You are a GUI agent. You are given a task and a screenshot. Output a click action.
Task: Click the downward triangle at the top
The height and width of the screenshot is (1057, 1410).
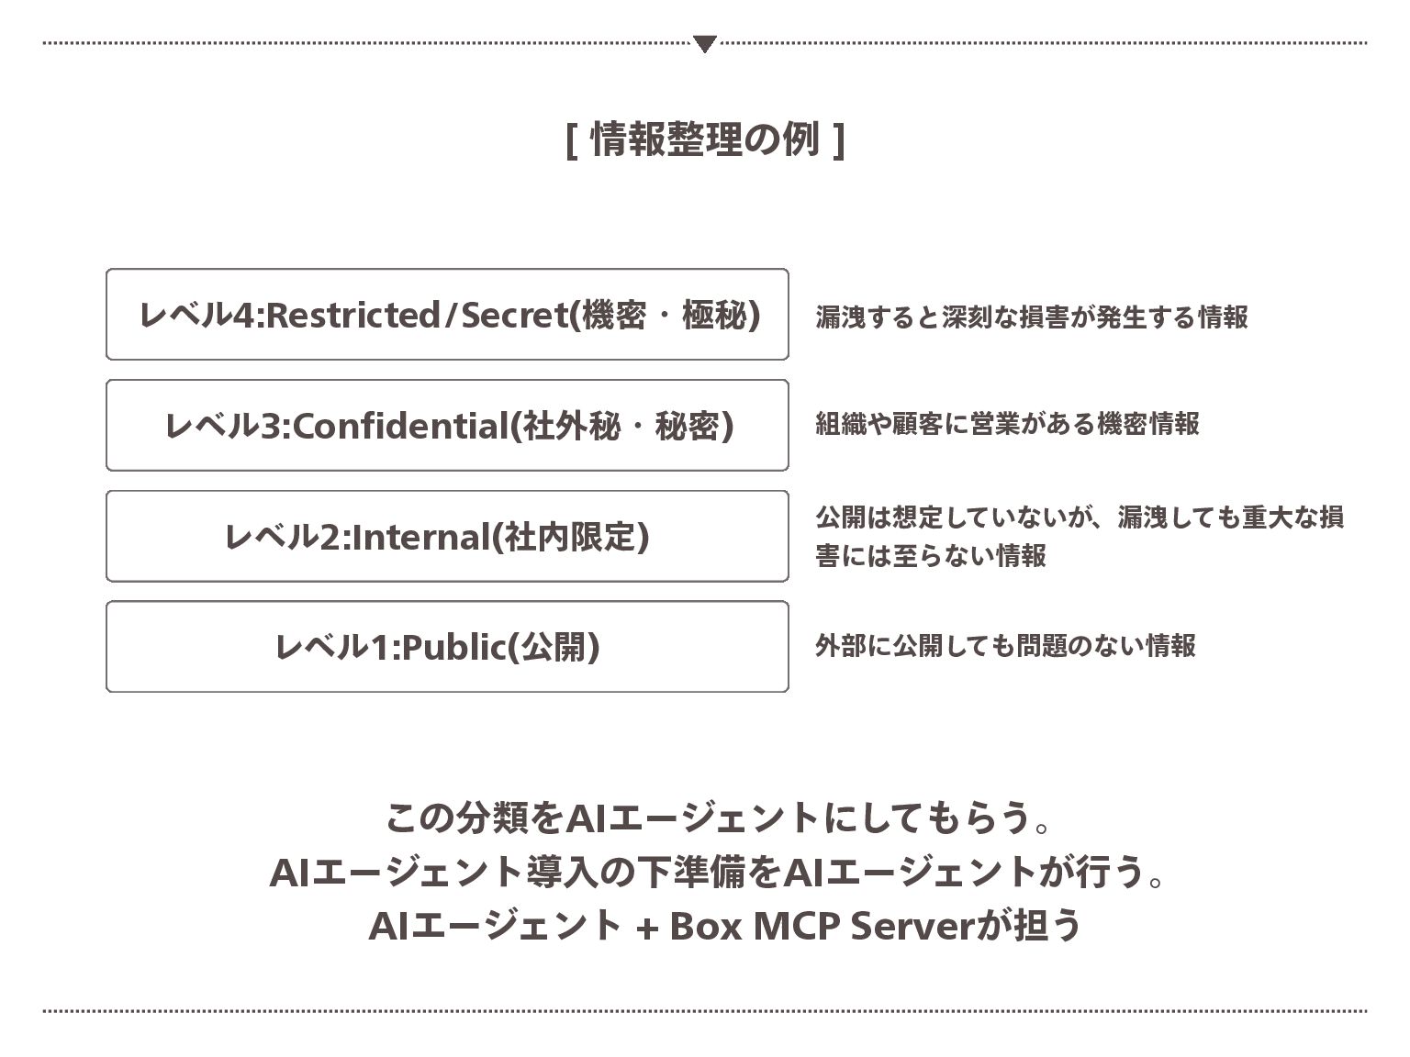click(x=704, y=44)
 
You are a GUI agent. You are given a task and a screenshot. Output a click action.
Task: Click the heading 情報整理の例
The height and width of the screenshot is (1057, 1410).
click(x=704, y=139)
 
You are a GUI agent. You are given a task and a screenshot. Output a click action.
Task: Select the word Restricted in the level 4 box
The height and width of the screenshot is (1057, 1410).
click(x=353, y=315)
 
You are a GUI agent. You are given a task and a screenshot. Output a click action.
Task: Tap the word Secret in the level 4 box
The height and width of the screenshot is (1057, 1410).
click(x=515, y=315)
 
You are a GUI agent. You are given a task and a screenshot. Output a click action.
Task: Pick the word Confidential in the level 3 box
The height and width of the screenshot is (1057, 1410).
click(x=401, y=426)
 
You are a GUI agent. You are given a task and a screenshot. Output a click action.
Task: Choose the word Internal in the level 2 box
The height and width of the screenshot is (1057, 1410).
click(x=421, y=537)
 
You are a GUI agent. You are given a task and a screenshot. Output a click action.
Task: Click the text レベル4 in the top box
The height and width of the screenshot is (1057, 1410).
click(x=199, y=315)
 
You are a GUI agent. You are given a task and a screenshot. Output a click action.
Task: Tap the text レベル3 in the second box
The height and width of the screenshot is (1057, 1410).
click(x=226, y=426)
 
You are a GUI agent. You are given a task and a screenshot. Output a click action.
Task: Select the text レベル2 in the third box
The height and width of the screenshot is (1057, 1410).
click(x=283, y=537)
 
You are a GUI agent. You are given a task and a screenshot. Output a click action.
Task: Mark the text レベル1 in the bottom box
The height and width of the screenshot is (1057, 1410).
click(x=334, y=647)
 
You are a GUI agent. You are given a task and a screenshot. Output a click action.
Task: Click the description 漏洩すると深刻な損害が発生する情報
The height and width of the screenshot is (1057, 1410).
click(x=1032, y=317)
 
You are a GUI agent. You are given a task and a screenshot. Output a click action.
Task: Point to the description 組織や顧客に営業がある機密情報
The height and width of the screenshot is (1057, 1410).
click(x=1007, y=423)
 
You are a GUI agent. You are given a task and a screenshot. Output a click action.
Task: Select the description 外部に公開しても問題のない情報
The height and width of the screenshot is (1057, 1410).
click(x=1005, y=645)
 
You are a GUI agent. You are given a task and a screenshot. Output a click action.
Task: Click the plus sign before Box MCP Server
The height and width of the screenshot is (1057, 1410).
click(x=646, y=928)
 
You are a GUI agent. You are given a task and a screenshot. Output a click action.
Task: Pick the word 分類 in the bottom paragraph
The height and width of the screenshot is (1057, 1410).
click(x=489, y=818)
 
